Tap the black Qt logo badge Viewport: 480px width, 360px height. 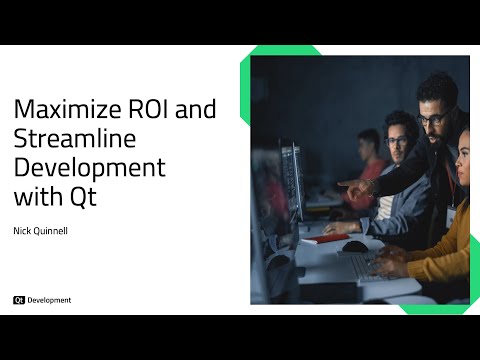coord(19,299)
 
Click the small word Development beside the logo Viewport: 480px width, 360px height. coord(49,299)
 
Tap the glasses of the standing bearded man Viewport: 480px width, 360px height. coord(432,119)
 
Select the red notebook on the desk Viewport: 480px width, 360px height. coord(335,238)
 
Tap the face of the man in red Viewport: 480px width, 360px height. coord(371,145)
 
